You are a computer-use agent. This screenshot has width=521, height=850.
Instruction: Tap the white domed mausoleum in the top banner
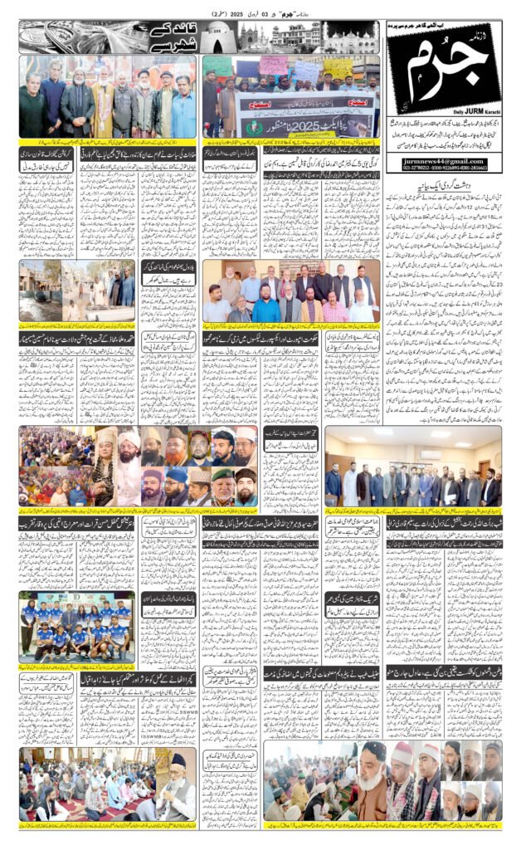(x=251, y=35)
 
